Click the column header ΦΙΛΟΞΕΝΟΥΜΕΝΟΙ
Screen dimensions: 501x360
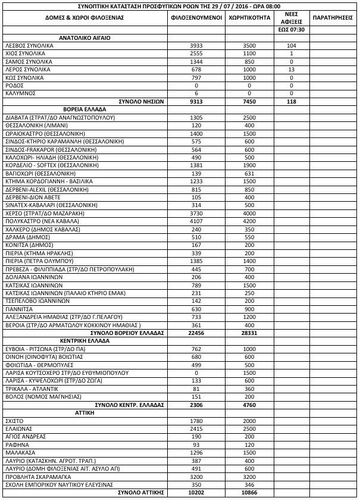tap(196, 18)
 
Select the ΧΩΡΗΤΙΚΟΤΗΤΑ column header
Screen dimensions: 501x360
tap(247, 18)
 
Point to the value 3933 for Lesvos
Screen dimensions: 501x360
tap(196, 45)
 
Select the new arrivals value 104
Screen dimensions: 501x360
tap(291, 45)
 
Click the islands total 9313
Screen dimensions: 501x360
tap(196, 102)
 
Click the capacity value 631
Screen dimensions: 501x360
tap(247, 173)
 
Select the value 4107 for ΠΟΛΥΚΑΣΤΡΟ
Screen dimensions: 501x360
tap(196, 220)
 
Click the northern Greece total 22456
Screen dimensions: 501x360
tap(196, 333)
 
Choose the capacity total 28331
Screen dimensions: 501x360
tap(247, 333)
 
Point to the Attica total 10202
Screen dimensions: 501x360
tap(196, 493)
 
